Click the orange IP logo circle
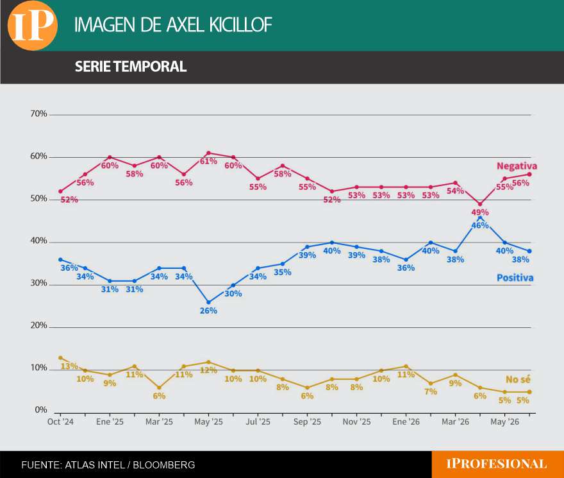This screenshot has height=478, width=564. pyautogui.click(x=33, y=25)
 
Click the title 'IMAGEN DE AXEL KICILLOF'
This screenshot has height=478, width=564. pyautogui.click(x=173, y=25)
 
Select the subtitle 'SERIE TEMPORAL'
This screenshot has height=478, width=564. pyautogui.click(x=131, y=67)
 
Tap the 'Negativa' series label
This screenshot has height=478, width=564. pyautogui.click(x=517, y=166)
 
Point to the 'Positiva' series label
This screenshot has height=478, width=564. pyautogui.click(x=515, y=278)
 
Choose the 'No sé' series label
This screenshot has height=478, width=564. pyautogui.click(x=518, y=379)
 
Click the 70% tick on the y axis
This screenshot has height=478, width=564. pyautogui.click(x=39, y=114)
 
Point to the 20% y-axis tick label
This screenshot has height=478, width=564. pyautogui.click(x=39, y=326)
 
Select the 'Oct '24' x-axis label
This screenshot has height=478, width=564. pyautogui.click(x=60, y=422)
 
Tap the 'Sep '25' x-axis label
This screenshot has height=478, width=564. pyautogui.click(x=307, y=422)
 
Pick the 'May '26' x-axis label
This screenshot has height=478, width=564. pyautogui.click(x=504, y=422)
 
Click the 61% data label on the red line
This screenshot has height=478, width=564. pyautogui.click(x=208, y=162)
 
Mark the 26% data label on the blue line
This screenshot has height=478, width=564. pyautogui.click(x=208, y=311)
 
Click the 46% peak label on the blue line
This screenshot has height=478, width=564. pyautogui.click(x=480, y=225)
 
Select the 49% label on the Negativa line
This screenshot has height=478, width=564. pyautogui.click(x=480, y=212)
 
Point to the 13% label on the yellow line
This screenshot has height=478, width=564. pyautogui.click(x=69, y=366)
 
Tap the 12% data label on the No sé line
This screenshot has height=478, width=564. pyautogui.click(x=208, y=370)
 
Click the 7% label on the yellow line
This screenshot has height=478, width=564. pyautogui.click(x=431, y=391)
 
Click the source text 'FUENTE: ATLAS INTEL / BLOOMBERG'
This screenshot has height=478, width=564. pyautogui.click(x=108, y=465)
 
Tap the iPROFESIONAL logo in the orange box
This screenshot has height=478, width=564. pyautogui.click(x=496, y=464)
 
